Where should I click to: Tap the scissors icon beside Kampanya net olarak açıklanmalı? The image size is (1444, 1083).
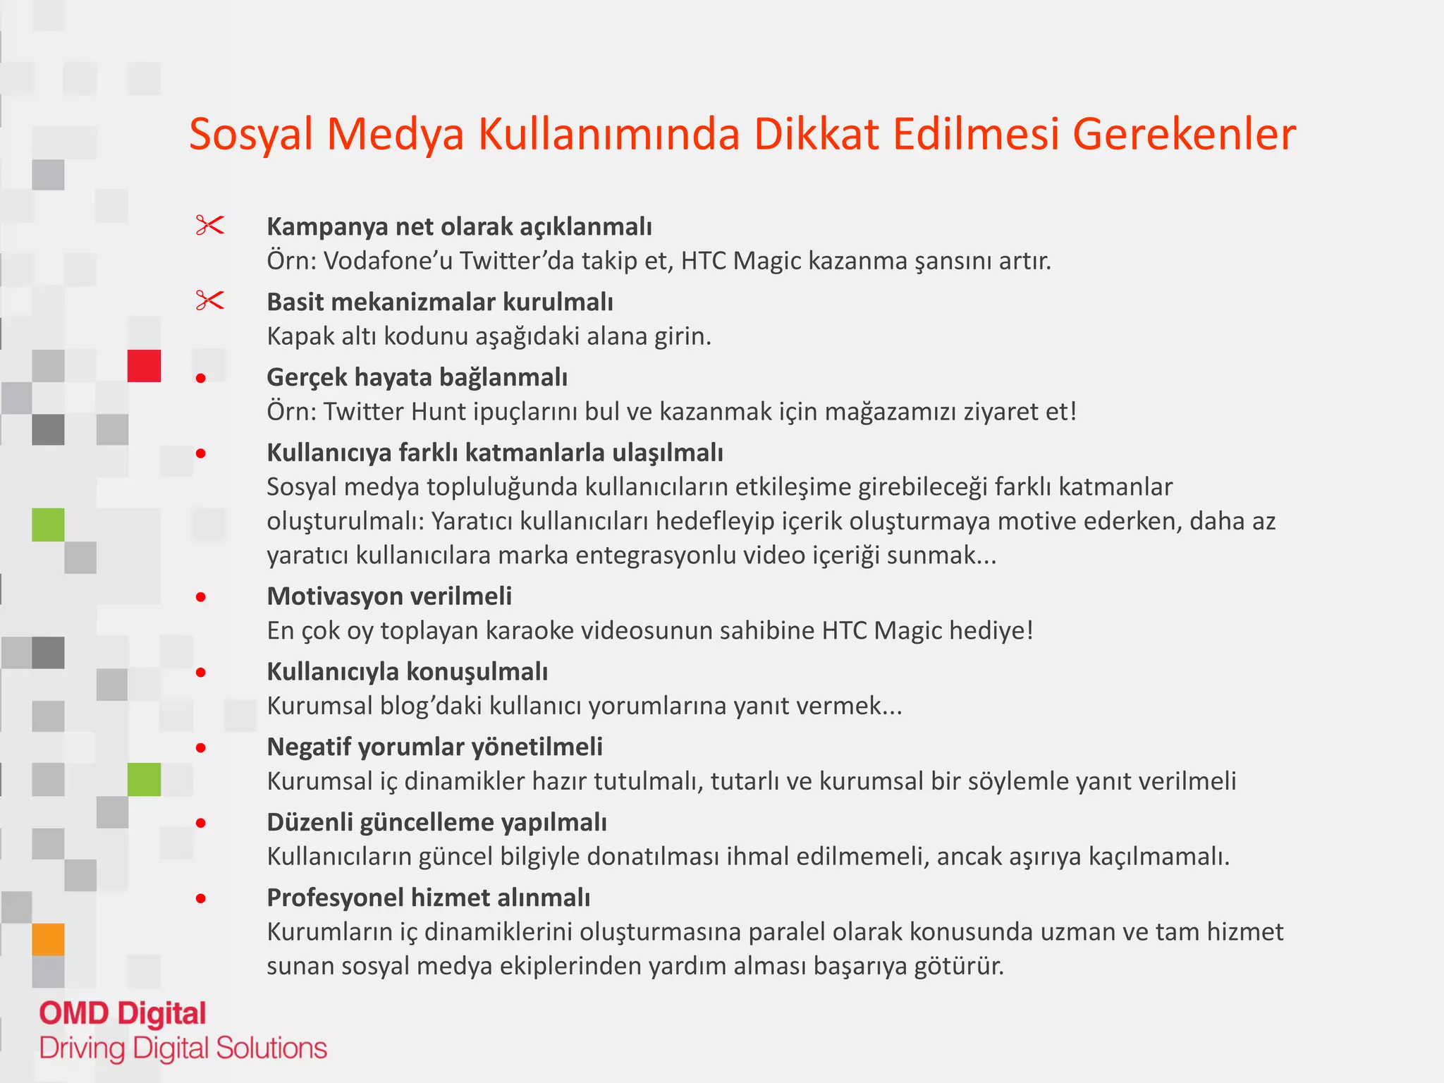coord(209,226)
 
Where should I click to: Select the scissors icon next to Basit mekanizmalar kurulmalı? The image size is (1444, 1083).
coord(209,301)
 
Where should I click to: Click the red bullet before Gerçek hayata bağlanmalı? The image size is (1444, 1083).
coord(201,379)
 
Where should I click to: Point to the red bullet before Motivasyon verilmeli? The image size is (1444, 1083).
coord(201,597)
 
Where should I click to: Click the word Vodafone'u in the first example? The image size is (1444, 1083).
coord(387,261)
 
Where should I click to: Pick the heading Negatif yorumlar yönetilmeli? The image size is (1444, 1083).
coord(434,747)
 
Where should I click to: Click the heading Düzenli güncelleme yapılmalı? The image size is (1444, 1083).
coord(436,822)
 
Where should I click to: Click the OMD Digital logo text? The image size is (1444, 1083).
coord(123,1013)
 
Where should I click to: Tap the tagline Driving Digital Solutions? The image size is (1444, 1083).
coord(183,1048)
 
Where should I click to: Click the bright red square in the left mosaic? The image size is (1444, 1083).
coord(144,366)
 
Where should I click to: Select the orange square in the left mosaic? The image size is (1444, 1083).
coord(48,939)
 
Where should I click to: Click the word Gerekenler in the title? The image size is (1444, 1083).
coord(1184,134)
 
